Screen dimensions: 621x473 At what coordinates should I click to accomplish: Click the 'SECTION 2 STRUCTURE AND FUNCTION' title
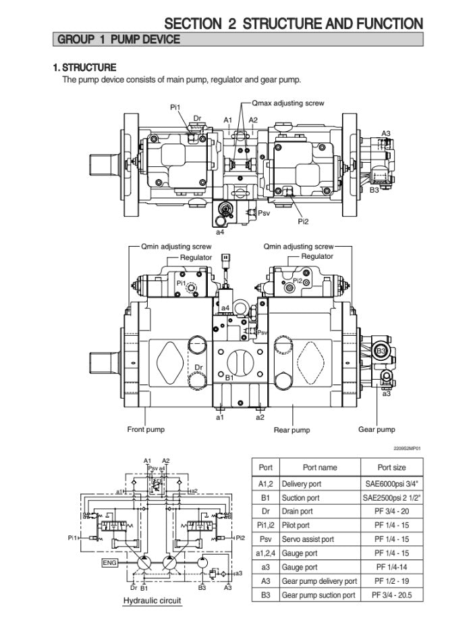294,24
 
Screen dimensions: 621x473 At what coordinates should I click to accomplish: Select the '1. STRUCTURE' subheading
84,67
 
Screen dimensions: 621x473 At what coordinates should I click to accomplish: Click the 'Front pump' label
146,429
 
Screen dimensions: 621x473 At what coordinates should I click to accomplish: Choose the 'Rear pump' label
291,430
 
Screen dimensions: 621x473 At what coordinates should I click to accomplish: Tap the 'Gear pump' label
377,429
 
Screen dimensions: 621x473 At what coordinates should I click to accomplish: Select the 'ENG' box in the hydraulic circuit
110,562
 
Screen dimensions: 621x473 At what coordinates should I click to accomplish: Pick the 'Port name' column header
319,468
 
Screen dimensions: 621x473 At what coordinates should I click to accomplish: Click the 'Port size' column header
392,468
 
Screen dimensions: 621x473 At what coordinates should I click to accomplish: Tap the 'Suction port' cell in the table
300,498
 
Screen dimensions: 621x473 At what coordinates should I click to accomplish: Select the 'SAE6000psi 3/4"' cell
392,484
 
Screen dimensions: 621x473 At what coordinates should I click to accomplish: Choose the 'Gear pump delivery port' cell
319,581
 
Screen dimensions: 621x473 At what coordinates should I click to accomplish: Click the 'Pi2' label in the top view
303,221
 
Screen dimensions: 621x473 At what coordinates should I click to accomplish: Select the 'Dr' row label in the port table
265,512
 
